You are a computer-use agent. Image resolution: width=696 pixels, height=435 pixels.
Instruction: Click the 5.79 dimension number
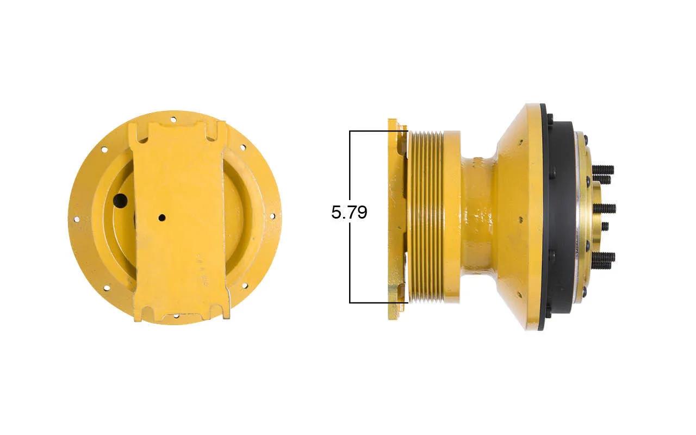tap(349, 213)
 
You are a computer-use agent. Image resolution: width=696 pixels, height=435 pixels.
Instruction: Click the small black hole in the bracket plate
tap(161, 218)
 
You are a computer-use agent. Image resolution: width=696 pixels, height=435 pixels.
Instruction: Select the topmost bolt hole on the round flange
tap(173, 119)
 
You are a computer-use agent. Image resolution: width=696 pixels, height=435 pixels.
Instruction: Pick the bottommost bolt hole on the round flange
tap(176, 316)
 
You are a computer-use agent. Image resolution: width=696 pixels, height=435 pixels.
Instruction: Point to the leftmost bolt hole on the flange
tap(76, 220)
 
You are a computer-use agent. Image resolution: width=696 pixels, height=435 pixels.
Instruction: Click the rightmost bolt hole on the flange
tap(272, 216)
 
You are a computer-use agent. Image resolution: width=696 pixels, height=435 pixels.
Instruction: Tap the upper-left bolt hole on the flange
tap(104, 150)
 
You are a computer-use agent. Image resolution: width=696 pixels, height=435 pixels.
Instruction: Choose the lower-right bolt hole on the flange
tap(244, 285)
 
